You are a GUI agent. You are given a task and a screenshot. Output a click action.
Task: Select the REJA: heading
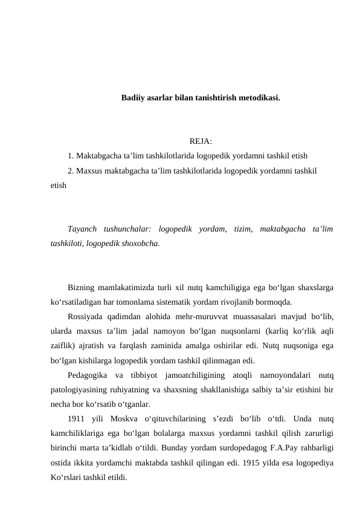200,142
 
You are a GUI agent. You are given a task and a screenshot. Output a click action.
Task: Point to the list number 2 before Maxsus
71,170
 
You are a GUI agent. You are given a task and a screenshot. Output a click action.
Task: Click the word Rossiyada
88,317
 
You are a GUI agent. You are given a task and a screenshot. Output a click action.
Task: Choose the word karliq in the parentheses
278,331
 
